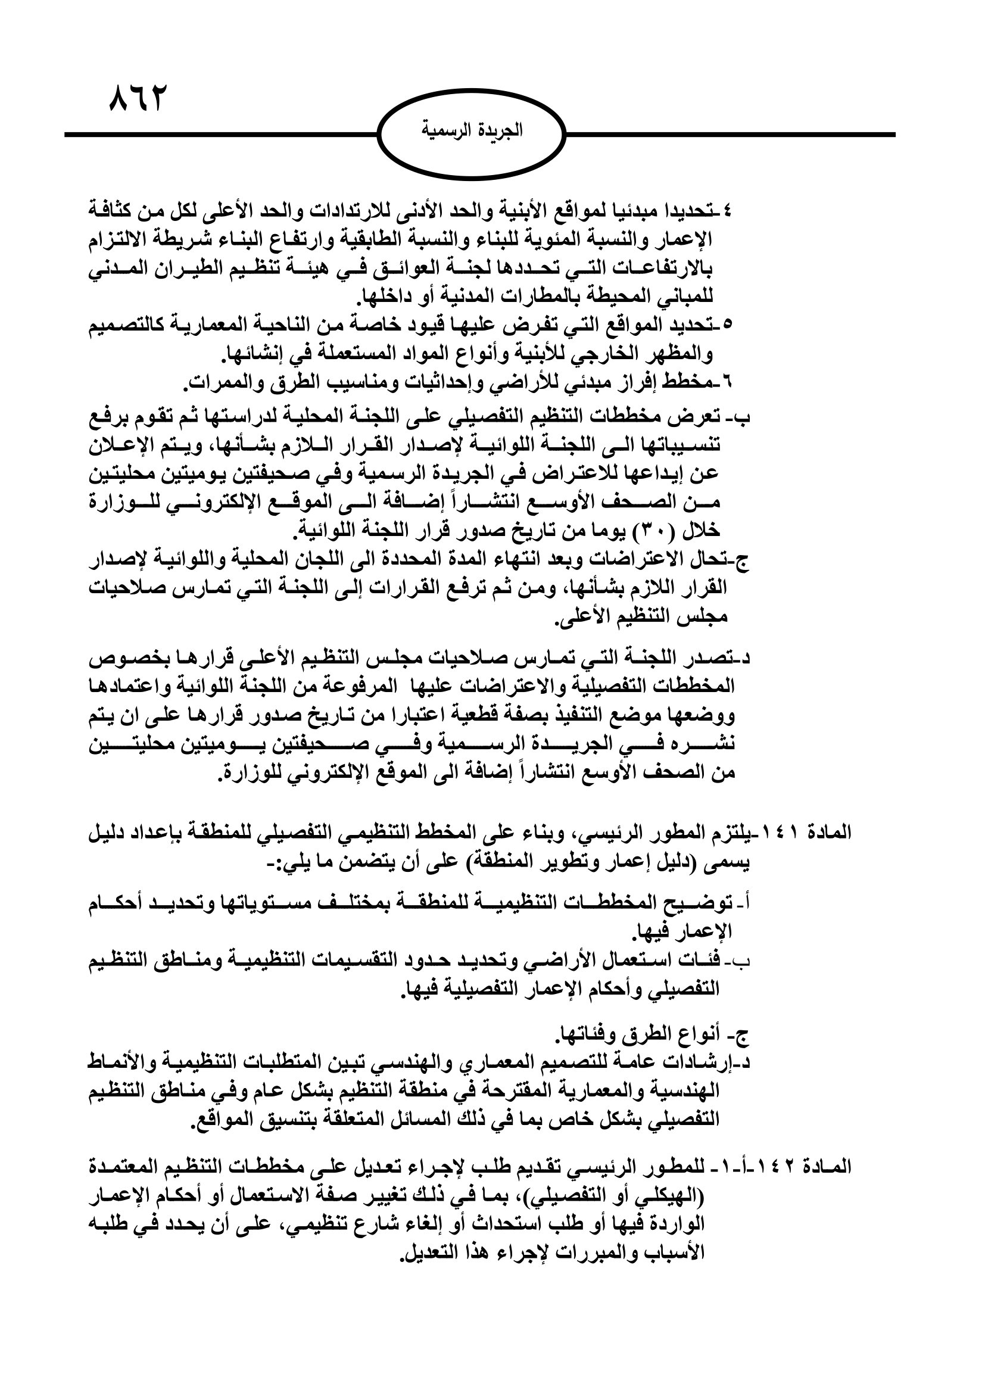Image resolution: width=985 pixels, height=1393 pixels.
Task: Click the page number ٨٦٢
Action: point(137,99)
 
